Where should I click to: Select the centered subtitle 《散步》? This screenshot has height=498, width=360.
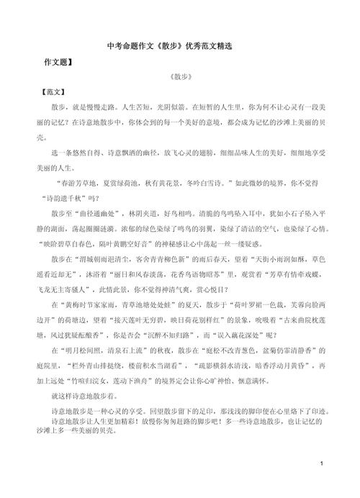coord(180,78)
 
